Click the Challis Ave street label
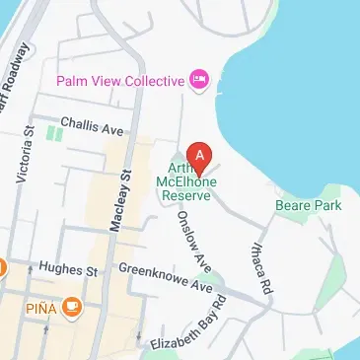92,126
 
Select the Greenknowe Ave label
166,277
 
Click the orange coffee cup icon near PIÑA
71,310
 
